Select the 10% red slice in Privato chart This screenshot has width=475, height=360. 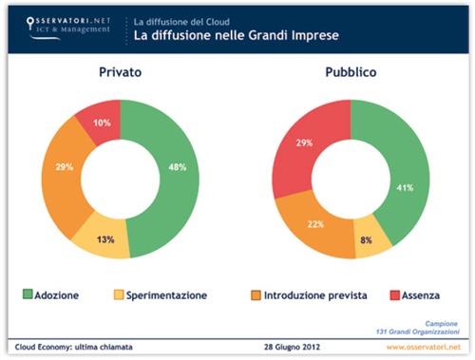[100, 122]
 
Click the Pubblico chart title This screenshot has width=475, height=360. [351, 71]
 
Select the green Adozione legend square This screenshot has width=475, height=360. [26, 295]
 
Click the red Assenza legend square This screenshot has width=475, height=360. [382, 295]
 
